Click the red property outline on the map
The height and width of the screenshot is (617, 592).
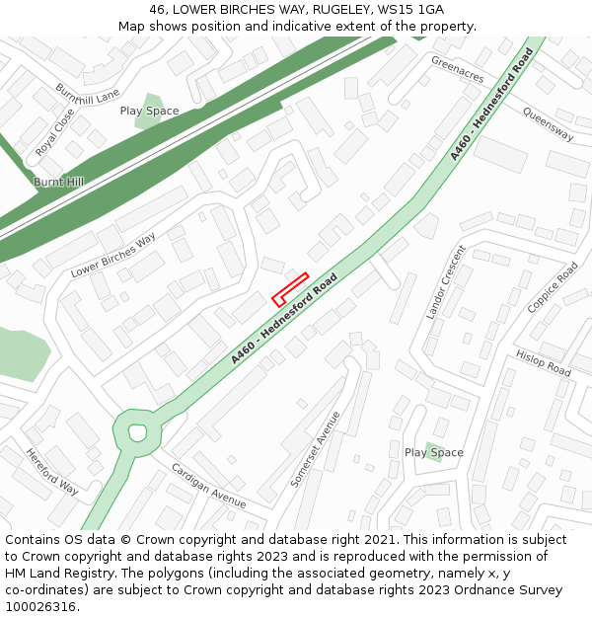tap(290, 287)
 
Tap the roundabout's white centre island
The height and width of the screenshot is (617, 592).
tap(137, 431)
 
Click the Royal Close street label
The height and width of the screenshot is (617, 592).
tap(55, 133)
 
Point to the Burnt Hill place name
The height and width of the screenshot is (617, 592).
tap(58, 183)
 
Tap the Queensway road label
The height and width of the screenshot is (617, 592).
tap(548, 124)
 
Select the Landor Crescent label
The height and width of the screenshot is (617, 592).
tap(444, 282)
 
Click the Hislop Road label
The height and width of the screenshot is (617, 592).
tap(543, 363)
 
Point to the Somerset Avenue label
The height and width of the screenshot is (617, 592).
tap(316, 449)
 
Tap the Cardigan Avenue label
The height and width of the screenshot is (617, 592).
tap(208, 485)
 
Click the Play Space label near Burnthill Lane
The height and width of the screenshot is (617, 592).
tap(149, 112)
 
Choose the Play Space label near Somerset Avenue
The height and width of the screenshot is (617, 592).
tap(433, 453)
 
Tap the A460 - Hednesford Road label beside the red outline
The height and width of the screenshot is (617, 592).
tap(284, 319)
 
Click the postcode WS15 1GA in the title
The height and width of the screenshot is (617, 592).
tap(407, 9)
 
